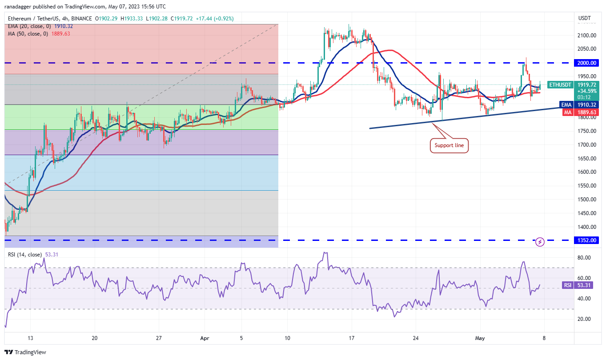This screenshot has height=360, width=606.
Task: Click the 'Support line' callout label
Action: (x=449, y=145)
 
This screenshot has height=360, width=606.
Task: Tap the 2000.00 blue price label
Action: (x=587, y=63)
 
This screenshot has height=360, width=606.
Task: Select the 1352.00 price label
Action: (x=587, y=240)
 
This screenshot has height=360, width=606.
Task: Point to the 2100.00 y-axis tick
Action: (x=587, y=36)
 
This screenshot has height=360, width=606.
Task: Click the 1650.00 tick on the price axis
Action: (x=587, y=159)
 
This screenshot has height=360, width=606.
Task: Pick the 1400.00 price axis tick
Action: (x=587, y=227)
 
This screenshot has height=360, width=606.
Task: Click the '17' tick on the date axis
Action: (x=351, y=338)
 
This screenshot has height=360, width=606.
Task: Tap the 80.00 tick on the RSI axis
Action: (x=584, y=258)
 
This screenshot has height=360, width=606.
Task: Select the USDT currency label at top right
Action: (x=584, y=18)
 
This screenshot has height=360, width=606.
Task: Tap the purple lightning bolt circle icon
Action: (x=540, y=242)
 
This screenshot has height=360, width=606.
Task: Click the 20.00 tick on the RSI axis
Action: (x=584, y=319)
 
